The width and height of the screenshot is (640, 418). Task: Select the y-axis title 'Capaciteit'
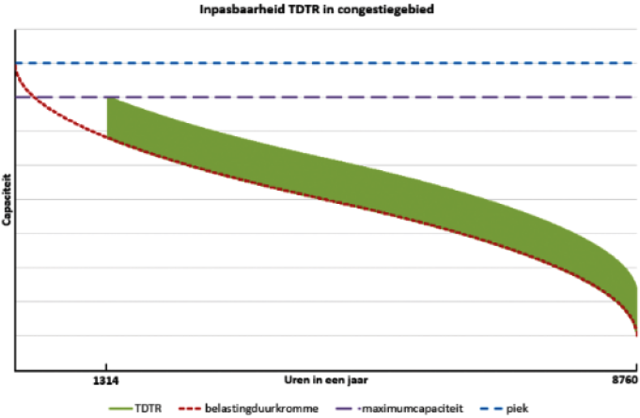tap(8, 199)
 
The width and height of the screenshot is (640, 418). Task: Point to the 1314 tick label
tap(107, 379)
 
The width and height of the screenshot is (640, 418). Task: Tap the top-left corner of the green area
tap(109, 99)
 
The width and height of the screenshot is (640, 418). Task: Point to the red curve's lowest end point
tap(636, 334)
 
